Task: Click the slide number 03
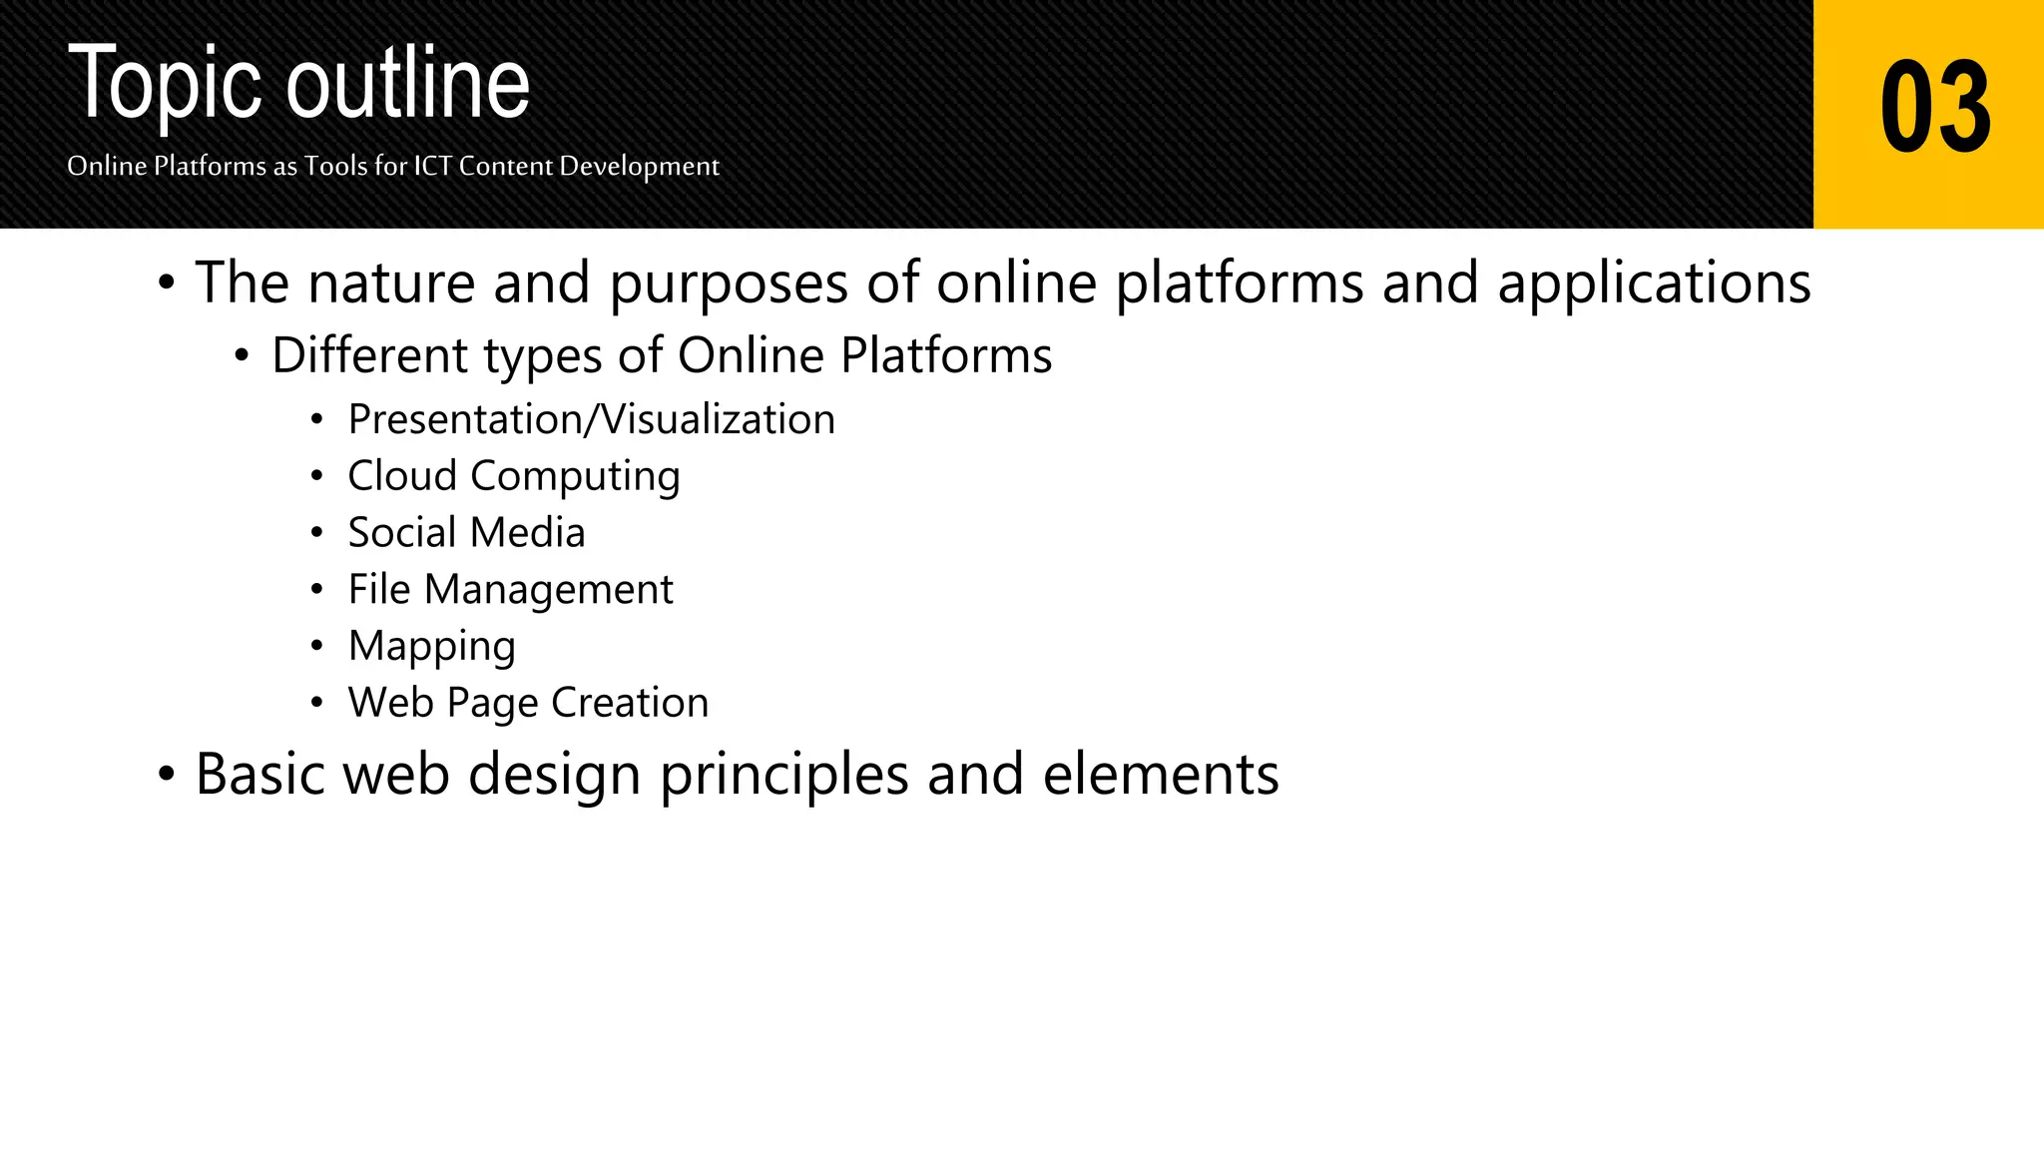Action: pos(1934,107)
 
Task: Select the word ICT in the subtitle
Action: pos(433,166)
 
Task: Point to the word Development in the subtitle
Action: pos(639,167)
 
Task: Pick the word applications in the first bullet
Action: pos(1654,285)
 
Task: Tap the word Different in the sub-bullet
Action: pos(369,355)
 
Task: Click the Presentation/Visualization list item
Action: pos(591,420)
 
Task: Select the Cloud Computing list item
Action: pos(513,477)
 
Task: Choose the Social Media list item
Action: pos(466,533)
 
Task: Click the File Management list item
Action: pos(510,590)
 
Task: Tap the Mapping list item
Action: pos(431,647)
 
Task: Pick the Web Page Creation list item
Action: pos(528,704)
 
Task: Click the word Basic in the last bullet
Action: pos(259,775)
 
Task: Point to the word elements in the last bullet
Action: pos(1160,775)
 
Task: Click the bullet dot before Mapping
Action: pos(316,647)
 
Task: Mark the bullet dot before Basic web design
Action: pos(166,775)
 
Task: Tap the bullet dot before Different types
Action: pos(242,356)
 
